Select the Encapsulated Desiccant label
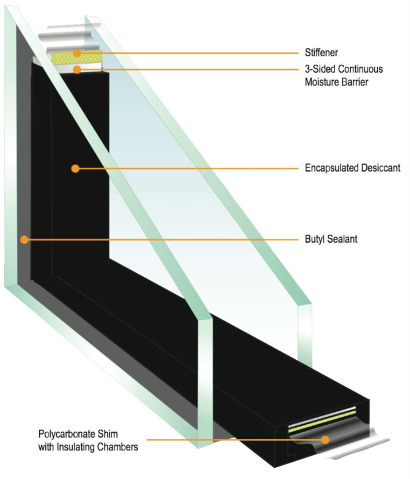pos(353,167)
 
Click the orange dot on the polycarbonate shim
pos(325,439)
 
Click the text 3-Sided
pos(313,69)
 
